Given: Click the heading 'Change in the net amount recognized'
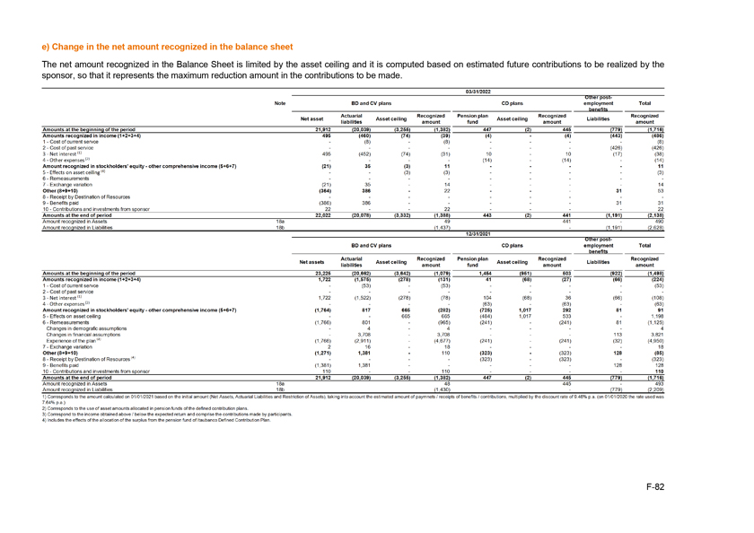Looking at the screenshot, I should (168, 46).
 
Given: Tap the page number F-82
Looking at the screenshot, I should (703, 486).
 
